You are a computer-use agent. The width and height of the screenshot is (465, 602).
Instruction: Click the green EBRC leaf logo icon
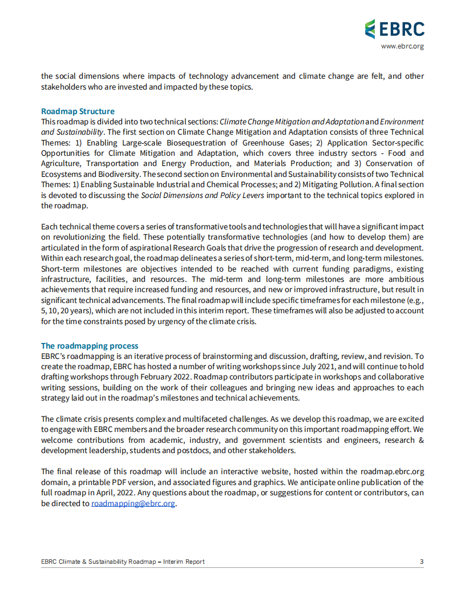(370, 29)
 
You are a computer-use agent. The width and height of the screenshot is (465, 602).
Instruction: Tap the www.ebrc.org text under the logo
(402, 47)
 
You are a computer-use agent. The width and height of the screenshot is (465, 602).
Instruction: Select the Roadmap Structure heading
(78, 111)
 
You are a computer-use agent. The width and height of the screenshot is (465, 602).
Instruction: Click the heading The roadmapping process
(90, 346)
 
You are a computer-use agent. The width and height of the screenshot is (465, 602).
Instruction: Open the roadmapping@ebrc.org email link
(133, 504)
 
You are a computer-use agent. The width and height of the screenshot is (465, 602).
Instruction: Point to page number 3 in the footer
(422, 561)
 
